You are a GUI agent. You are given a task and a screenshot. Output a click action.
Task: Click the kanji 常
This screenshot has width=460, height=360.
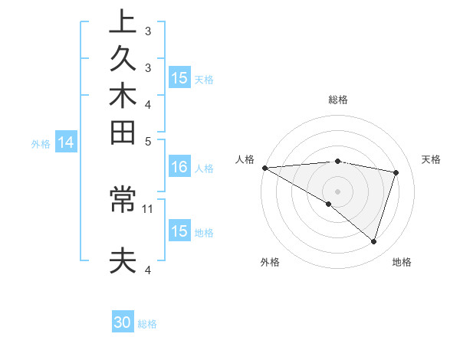(123, 201)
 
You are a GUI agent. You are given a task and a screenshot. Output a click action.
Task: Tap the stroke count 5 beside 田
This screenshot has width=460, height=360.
(148, 141)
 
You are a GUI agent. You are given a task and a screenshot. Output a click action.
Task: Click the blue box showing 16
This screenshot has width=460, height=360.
(179, 167)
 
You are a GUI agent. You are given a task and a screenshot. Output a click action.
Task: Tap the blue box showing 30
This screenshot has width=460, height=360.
(123, 322)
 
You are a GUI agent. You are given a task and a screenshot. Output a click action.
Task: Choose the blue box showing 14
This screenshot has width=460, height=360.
(66, 142)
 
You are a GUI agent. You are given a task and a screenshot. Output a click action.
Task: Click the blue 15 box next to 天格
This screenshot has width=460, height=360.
(179, 77)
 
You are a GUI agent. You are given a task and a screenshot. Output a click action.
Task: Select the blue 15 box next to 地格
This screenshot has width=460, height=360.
(179, 231)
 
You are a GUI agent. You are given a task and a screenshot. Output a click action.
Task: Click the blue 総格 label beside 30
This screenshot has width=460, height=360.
(147, 324)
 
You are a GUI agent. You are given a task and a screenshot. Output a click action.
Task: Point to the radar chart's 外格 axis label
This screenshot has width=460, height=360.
(270, 262)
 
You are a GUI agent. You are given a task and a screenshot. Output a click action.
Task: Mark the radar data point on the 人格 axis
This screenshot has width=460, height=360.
(264, 167)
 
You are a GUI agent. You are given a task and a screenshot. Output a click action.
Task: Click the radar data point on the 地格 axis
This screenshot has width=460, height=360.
(373, 241)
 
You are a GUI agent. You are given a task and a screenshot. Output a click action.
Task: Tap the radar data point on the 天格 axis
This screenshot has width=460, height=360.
(396, 172)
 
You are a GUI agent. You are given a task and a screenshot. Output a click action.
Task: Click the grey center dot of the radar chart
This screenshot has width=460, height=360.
(337, 191)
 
